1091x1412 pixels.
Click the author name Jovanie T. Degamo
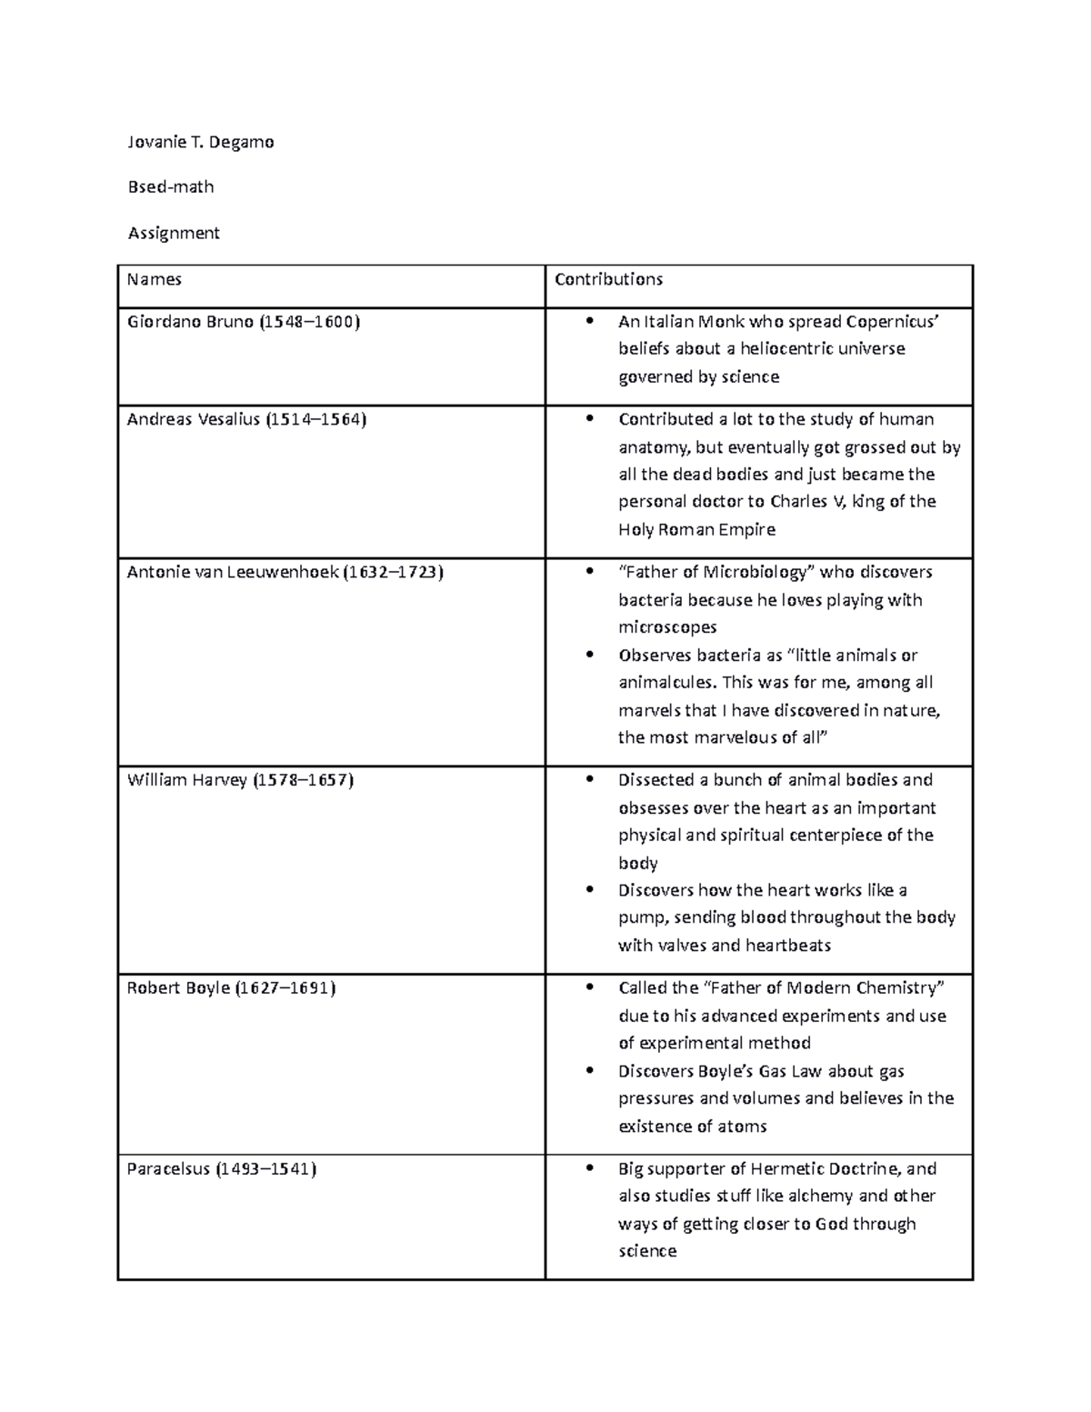[x=201, y=142]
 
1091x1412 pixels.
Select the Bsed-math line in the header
[x=171, y=186]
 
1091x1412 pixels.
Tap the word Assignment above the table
[x=174, y=233]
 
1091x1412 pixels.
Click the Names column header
[x=155, y=279]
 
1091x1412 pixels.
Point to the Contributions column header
[x=609, y=279]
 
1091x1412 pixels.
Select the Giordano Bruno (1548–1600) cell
[x=244, y=322]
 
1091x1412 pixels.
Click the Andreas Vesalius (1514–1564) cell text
[x=246, y=419]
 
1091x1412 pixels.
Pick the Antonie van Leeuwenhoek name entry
[x=285, y=572]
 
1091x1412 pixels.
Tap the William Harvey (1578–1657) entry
[x=240, y=780]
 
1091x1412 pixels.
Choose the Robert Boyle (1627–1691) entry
[x=231, y=987]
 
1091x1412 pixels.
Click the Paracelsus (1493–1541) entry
[x=222, y=1168]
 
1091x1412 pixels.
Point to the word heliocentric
[x=800, y=349]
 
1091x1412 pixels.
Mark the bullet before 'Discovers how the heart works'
[x=591, y=890]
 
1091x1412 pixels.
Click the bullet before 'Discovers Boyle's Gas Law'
[x=591, y=1071]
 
